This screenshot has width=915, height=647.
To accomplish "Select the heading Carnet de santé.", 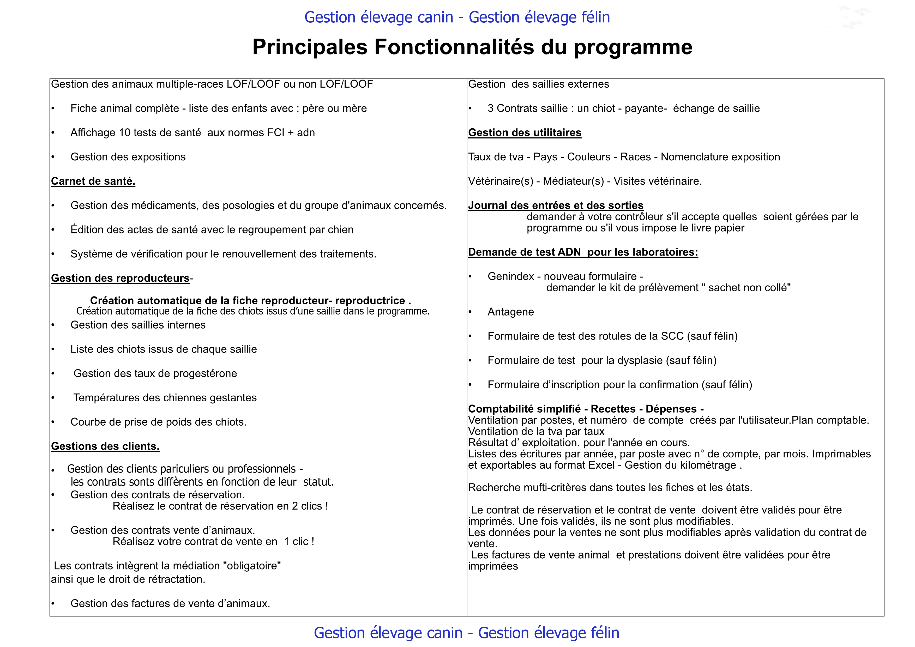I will pos(93,181).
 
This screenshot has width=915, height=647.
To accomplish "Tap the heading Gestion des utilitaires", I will pos(525,133).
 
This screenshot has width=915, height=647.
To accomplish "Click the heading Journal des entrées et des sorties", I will pos(556,205).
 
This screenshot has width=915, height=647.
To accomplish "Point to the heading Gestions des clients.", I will pos(105,446).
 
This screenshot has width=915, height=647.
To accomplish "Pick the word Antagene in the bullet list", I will pos(510,312).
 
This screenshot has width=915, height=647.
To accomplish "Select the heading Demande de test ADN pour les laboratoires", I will pos(583,252).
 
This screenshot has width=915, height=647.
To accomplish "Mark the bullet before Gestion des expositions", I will pos(53,157).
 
